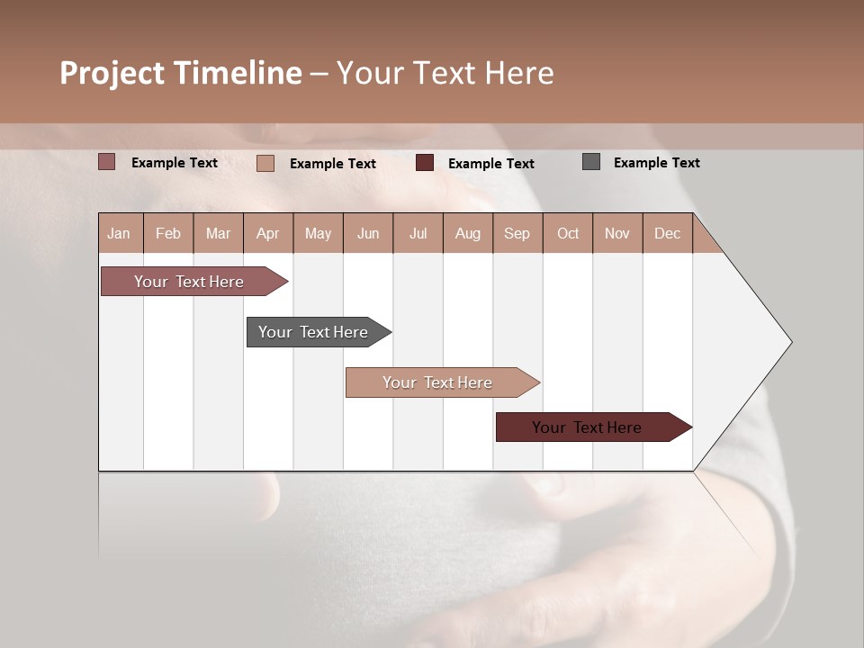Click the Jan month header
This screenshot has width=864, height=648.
click(119, 234)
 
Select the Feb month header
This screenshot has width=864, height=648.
click(168, 234)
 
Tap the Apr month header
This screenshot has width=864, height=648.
click(268, 234)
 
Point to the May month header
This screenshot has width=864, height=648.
click(318, 234)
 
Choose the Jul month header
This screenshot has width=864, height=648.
click(418, 234)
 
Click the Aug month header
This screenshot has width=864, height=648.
click(468, 234)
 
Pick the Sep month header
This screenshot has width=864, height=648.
click(517, 234)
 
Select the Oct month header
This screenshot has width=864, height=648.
click(568, 234)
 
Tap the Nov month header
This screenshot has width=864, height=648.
click(617, 234)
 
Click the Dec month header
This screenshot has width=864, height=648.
click(668, 234)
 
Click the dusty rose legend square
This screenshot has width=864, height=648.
click(107, 162)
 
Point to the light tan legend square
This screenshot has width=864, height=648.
click(265, 163)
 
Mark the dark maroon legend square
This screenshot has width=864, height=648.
click(425, 163)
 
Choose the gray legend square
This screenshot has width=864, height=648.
click(591, 162)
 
